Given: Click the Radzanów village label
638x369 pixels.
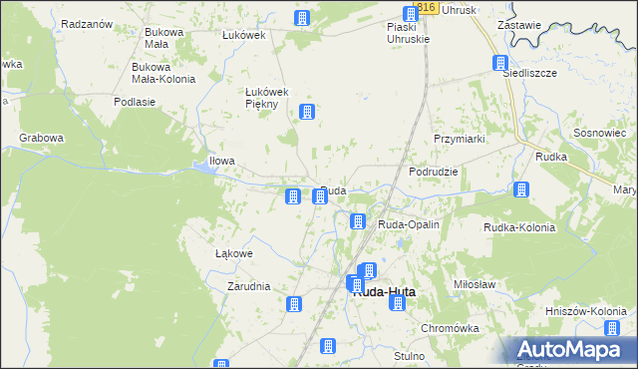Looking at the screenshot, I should (85, 23).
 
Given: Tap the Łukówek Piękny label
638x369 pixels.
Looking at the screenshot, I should (266, 98).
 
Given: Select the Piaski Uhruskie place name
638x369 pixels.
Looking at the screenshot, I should (408, 33).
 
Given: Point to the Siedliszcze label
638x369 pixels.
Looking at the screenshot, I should (527, 73).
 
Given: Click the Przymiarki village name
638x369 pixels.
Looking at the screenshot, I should (459, 139).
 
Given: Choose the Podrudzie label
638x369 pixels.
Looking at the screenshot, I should (434, 172).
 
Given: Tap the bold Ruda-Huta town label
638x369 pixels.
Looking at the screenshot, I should (384, 292).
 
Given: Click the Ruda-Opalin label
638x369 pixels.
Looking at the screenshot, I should (408, 225).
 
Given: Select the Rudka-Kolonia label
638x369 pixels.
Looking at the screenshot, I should (518, 227).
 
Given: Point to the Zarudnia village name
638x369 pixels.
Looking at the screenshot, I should (248, 286).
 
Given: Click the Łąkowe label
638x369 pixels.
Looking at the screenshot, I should (234, 253).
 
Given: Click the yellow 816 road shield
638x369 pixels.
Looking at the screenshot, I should (427, 7).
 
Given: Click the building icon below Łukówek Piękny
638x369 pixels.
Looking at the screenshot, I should (307, 112).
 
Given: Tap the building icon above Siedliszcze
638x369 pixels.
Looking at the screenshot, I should (500, 63).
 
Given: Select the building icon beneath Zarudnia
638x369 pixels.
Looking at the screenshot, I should (293, 304).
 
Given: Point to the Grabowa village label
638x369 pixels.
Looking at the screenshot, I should (41, 138).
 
